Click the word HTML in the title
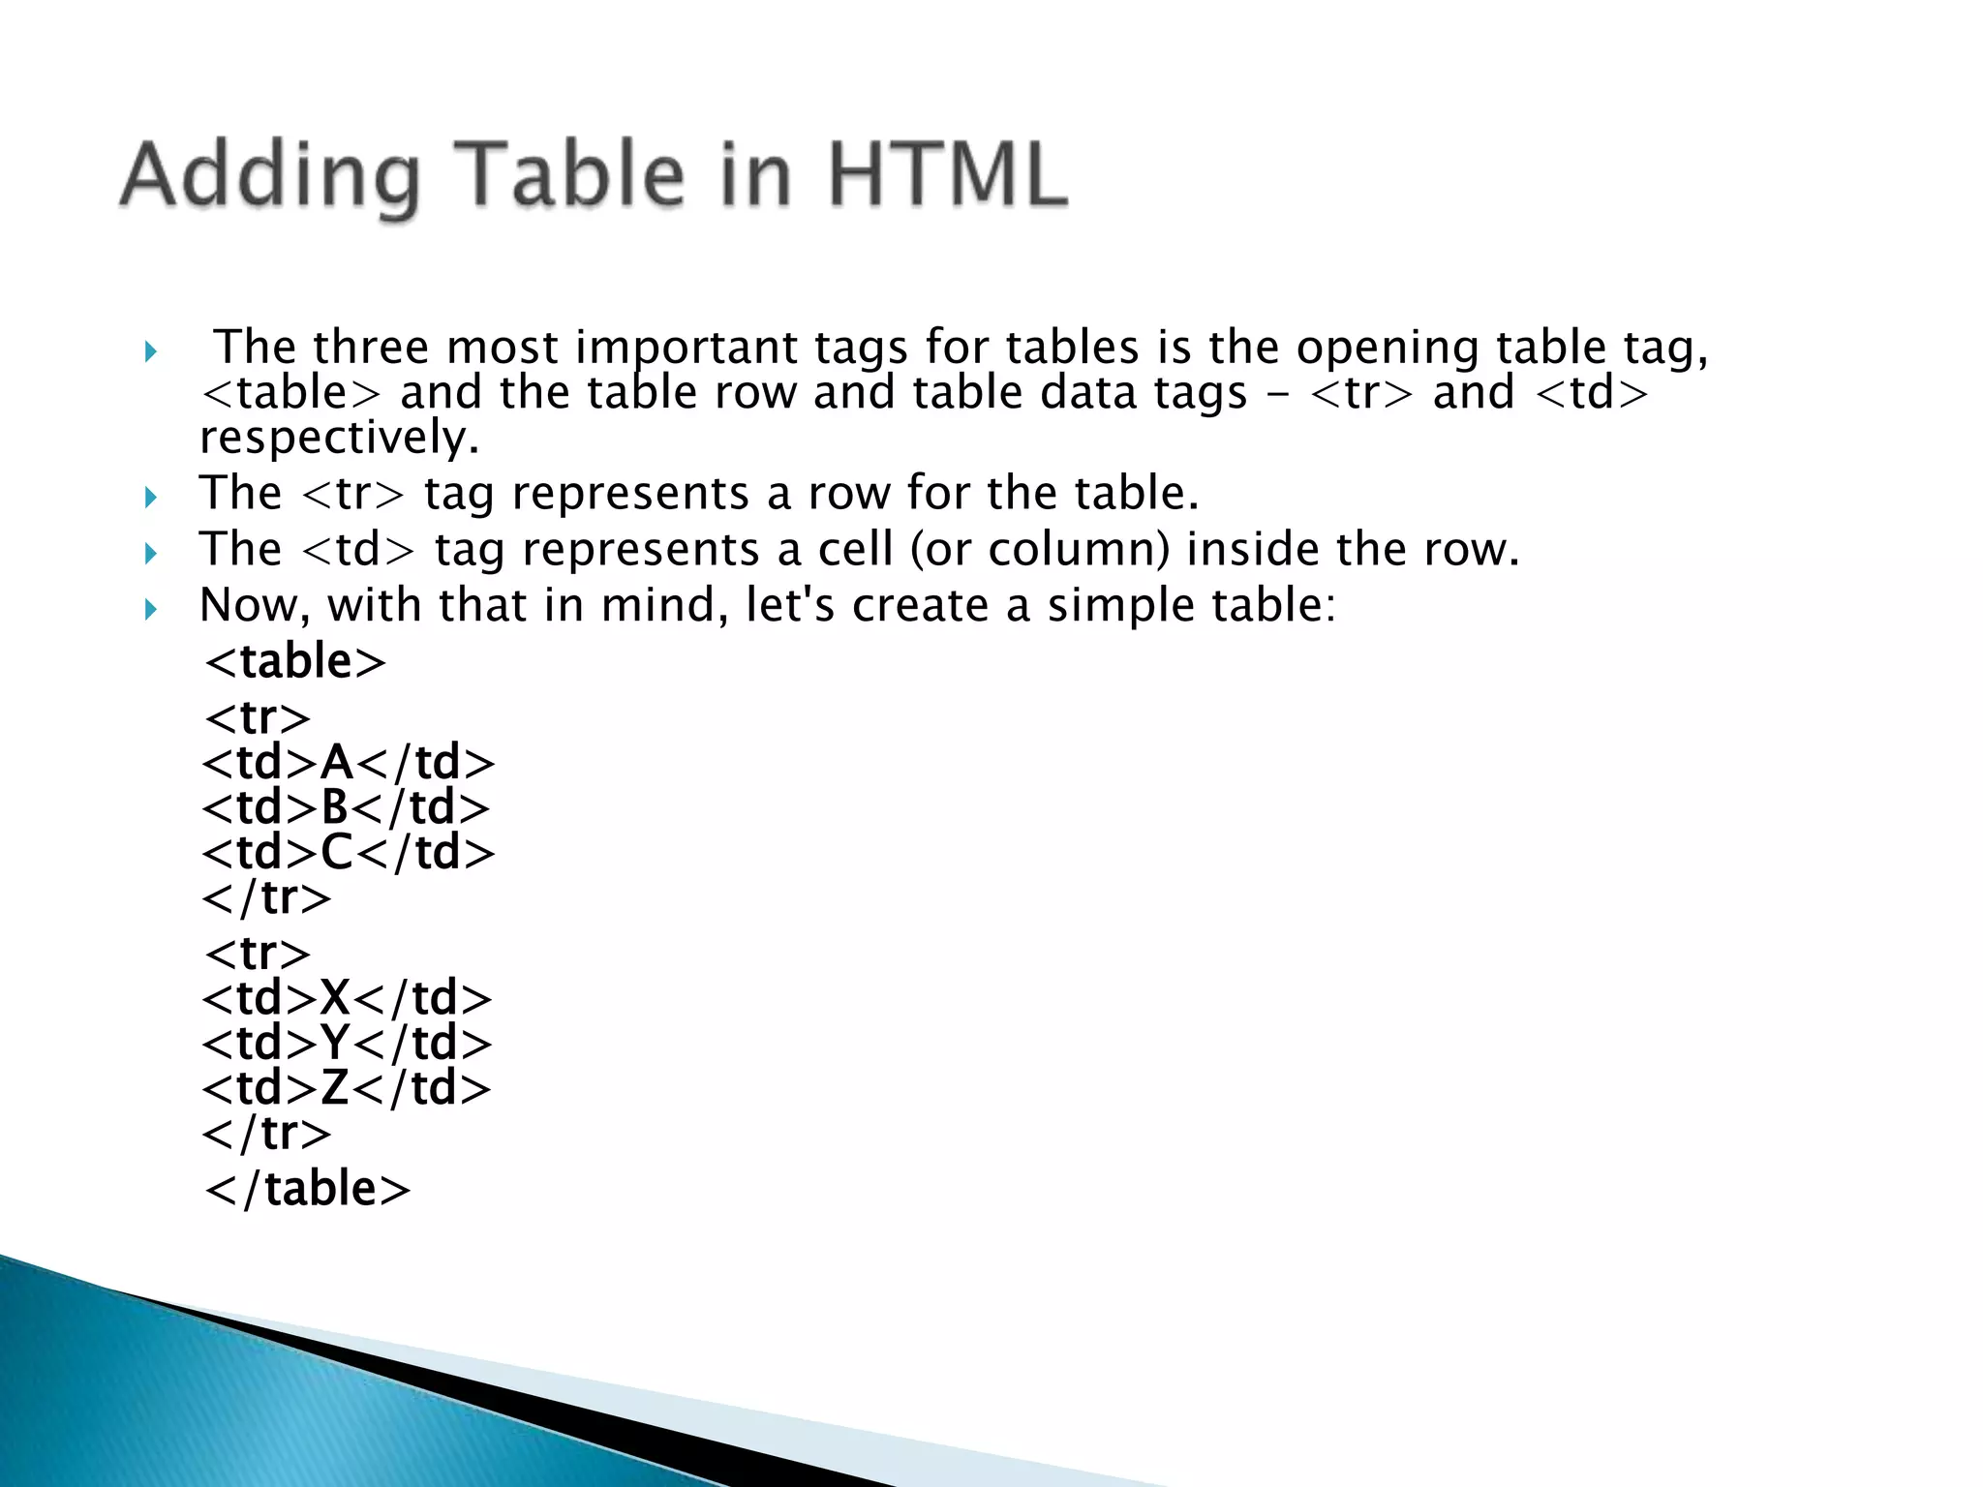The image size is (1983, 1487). pos(947,175)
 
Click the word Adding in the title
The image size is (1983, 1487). pos(270,177)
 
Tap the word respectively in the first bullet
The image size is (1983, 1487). pos(339,438)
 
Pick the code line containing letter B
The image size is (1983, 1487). pos(346,807)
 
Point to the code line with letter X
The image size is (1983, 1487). pos(347,998)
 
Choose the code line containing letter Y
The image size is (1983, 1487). pos(347,1044)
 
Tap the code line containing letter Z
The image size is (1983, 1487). pos(347,1088)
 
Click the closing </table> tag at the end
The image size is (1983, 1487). pos(308,1189)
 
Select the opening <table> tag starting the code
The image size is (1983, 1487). pos(295,662)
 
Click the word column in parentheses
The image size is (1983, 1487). pos(1079,550)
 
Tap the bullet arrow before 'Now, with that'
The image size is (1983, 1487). pos(150,609)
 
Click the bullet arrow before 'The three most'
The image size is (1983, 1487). pos(150,350)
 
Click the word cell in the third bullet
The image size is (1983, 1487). pos(855,549)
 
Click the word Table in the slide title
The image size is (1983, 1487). pos(569,175)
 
